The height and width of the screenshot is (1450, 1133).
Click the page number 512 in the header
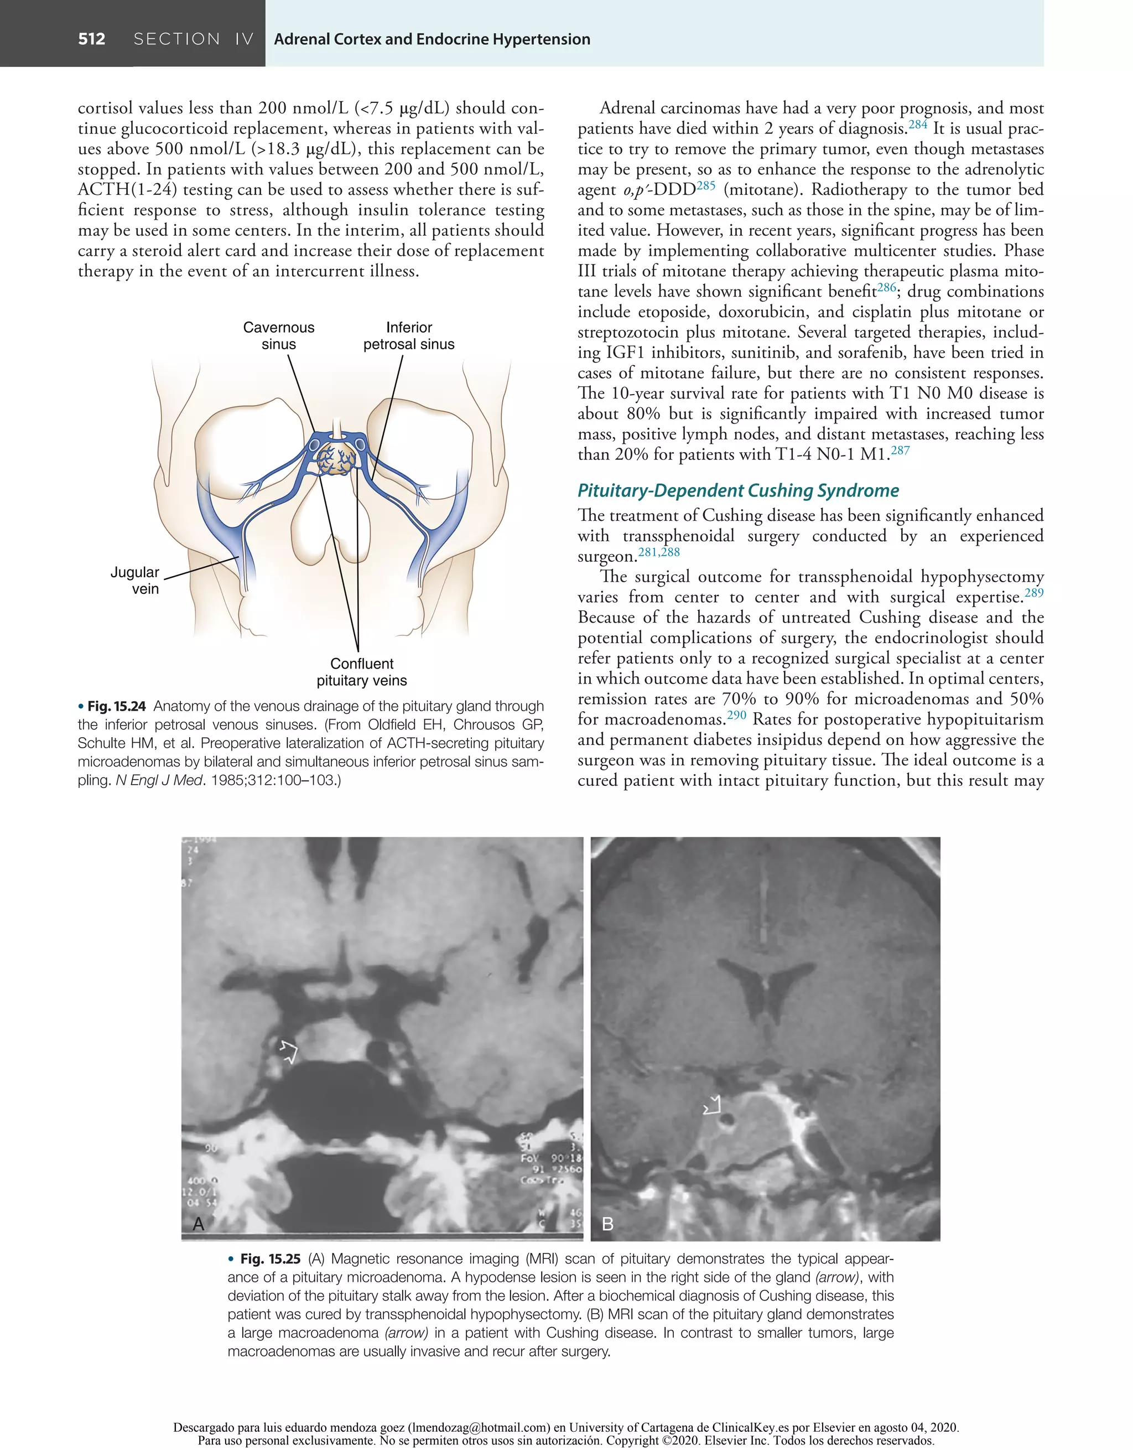(x=92, y=39)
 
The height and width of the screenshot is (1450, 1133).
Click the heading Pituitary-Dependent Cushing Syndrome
(x=737, y=491)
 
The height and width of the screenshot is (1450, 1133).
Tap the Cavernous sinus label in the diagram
(x=279, y=336)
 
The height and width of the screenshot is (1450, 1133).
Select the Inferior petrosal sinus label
(x=409, y=336)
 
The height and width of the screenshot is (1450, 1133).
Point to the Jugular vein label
(x=135, y=580)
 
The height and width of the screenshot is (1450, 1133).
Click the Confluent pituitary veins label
(x=362, y=672)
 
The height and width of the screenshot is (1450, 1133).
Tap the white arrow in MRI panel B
(x=712, y=1105)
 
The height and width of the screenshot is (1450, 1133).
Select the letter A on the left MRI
(x=198, y=1224)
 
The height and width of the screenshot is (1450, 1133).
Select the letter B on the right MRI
(x=607, y=1224)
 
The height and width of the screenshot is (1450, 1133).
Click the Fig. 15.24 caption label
(x=116, y=706)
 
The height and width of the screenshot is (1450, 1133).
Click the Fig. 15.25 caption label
(x=269, y=1259)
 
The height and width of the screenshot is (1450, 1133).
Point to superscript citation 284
(x=917, y=124)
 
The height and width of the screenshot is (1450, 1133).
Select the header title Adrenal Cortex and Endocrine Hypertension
(x=432, y=39)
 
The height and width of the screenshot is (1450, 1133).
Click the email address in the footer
(x=479, y=1427)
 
